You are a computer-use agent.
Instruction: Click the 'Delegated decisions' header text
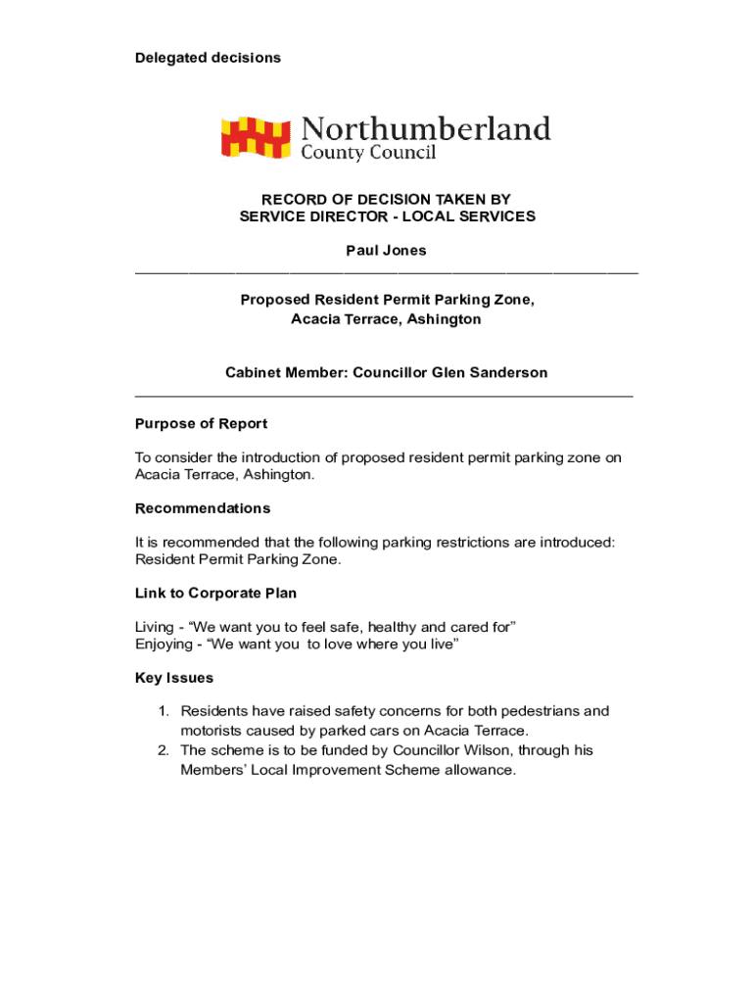point(208,58)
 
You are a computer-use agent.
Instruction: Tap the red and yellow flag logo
point(256,137)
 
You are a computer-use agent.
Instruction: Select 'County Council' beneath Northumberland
point(367,153)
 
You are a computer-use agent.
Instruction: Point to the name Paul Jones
point(386,251)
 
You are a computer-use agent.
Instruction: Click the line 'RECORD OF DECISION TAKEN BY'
point(386,199)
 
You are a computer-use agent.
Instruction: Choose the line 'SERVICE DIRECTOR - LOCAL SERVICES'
point(387,216)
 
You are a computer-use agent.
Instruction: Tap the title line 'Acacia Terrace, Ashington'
point(386,319)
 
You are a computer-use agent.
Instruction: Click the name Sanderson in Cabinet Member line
point(508,372)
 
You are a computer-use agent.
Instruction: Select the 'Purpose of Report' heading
point(201,424)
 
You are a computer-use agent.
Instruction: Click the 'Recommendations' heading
point(203,508)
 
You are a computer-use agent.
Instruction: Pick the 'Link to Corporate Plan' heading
point(215,593)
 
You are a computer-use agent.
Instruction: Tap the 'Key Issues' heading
point(174,678)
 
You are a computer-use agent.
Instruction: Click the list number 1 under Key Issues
point(164,711)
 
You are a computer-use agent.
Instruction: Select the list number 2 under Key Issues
point(164,750)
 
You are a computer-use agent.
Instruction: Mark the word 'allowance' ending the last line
point(478,770)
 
